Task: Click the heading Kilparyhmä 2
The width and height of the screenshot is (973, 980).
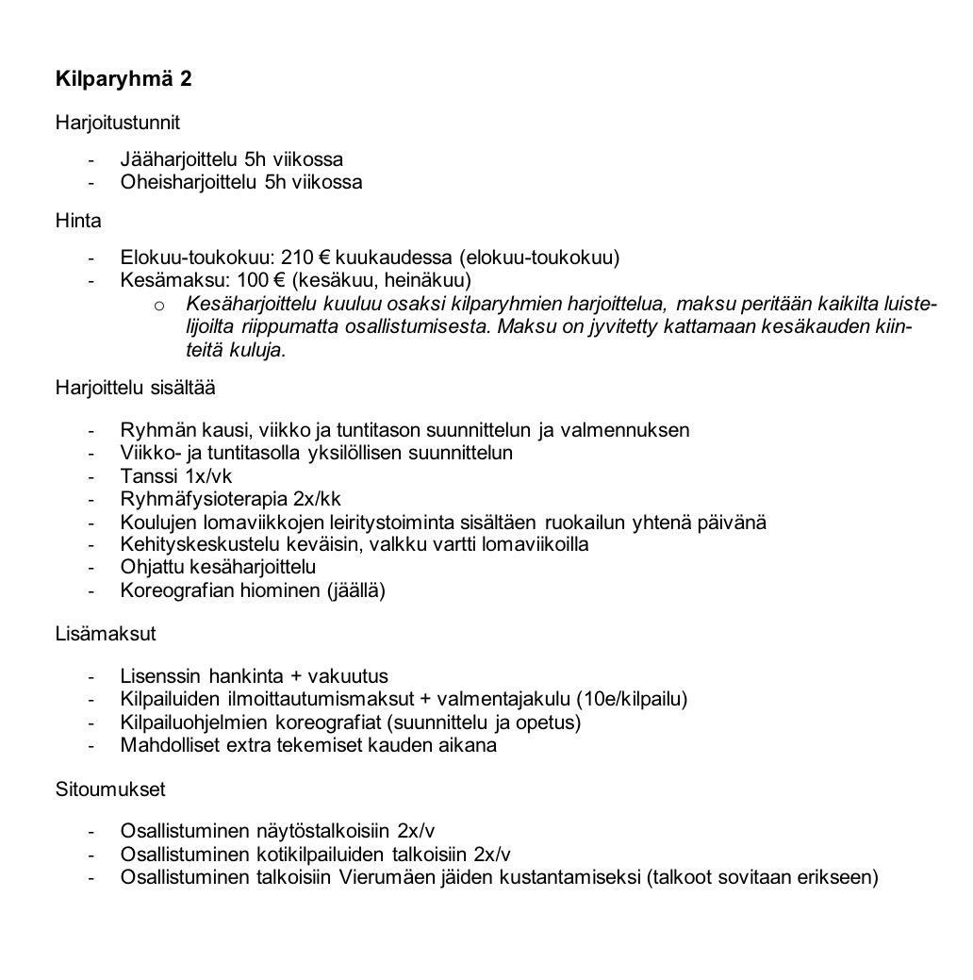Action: coord(124,78)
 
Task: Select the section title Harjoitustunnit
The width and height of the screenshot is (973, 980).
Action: coord(117,123)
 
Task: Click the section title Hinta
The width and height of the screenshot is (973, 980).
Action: coord(78,221)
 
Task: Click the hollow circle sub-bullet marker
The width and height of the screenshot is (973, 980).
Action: coord(159,304)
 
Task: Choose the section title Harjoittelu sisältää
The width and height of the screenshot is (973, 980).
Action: coord(135,388)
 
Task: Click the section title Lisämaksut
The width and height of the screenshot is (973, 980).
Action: coord(106,634)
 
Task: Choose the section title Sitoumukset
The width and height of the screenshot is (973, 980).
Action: coord(110,789)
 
